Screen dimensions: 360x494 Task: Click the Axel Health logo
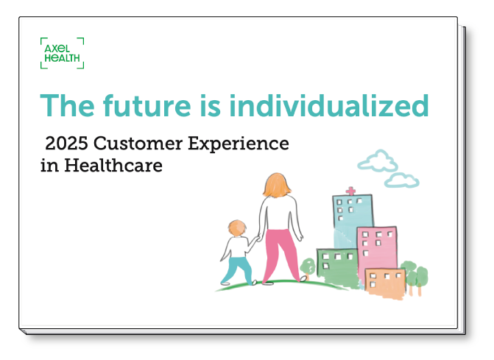pos(63,54)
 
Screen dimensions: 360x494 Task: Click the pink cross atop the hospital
pos(350,191)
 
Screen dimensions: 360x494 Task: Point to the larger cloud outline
pos(378,160)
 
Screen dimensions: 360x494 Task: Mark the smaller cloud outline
pos(402,180)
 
